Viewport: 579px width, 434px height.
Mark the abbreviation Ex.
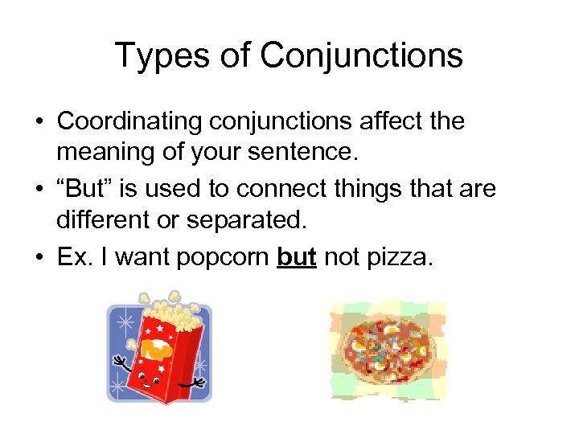[71, 257]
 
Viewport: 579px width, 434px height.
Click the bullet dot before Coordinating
[39, 122]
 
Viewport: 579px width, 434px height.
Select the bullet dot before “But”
[39, 190]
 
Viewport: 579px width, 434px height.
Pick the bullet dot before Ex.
[39, 258]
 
